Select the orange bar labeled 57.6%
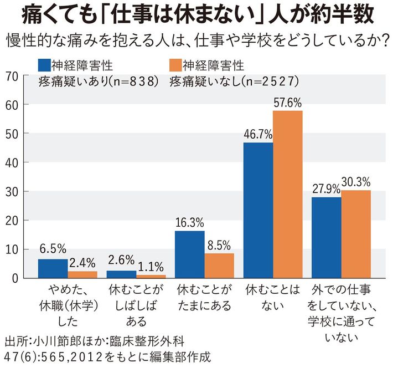pyautogui.click(x=288, y=194)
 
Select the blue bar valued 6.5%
pyautogui.click(x=53, y=268)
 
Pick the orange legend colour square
pyautogui.click(x=174, y=65)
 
